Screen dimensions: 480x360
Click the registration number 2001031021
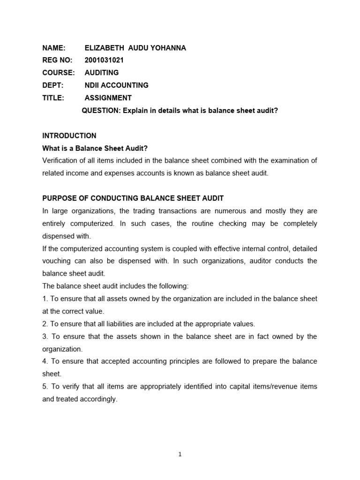tap(104, 60)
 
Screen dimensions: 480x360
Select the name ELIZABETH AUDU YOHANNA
tap(135, 47)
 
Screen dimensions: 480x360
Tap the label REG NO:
tap(57, 60)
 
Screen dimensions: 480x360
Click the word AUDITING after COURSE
tap(101, 73)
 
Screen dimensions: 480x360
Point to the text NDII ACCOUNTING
tap(116, 85)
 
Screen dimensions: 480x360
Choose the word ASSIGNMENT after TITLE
tap(108, 98)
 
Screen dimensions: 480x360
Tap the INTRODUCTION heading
tap(69, 136)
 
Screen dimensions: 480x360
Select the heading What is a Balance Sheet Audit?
tap(95, 149)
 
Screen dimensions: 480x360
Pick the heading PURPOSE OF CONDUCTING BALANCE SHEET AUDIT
tap(133, 198)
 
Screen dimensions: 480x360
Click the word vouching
tap(57, 261)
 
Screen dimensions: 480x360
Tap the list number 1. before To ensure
tap(45, 299)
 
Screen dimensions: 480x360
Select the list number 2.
tap(45, 324)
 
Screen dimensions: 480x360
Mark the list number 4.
tap(45, 361)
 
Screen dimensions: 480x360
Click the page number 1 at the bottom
tap(180, 454)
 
